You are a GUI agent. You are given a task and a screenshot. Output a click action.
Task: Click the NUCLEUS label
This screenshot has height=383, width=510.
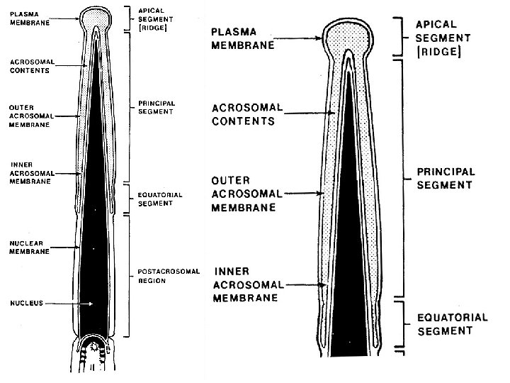tap(26, 303)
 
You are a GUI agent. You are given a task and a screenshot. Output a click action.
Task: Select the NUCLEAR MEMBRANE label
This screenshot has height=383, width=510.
tap(29, 248)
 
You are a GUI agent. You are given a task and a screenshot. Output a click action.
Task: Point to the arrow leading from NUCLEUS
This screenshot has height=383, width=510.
tap(67, 303)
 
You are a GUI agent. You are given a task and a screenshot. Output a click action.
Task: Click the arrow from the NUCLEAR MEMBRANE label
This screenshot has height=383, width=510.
tap(64, 248)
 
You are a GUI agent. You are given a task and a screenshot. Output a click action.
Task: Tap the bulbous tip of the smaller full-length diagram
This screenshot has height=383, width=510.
tap(97, 16)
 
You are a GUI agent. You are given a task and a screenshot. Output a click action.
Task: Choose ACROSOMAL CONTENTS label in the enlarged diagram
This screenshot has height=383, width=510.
tap(248, 114)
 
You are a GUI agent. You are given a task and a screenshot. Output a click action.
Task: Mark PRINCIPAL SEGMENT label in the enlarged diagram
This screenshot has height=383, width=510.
tap(445, 178)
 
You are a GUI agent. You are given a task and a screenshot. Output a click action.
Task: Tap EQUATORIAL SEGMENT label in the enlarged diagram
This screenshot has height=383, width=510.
tap(450, 323)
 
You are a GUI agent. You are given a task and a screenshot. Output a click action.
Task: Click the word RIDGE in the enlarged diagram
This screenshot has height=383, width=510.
tap(439, 53)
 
